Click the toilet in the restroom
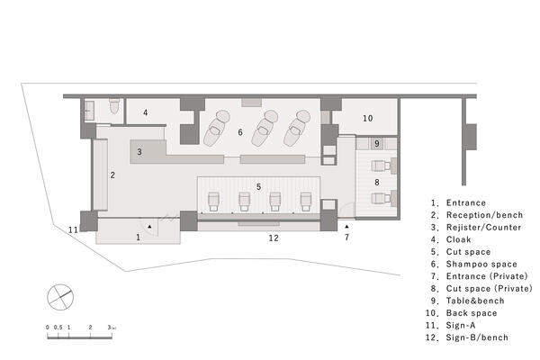114,106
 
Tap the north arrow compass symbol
60,297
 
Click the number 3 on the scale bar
109,328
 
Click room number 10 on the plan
367,118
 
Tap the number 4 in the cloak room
146,112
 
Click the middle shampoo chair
265,128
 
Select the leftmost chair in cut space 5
214,202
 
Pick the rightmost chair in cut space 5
306,202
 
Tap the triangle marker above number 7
346,226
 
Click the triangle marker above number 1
149,226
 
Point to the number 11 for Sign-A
73,229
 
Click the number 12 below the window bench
274,238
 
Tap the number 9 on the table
377,143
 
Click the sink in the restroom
89,110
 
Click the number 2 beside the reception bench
112,175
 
